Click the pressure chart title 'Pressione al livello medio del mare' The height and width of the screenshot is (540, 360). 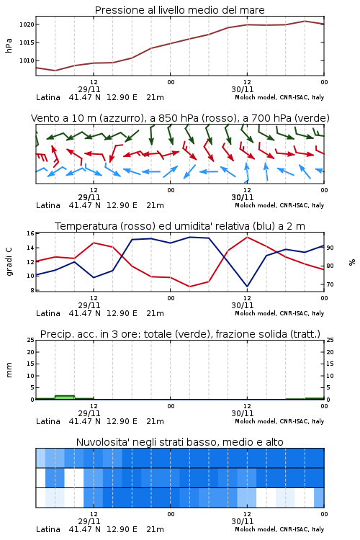[179, 10]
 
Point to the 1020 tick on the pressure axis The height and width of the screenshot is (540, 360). [27, 24]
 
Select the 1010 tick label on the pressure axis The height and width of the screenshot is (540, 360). [27, 60]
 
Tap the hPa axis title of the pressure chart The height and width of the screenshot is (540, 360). [9, 45]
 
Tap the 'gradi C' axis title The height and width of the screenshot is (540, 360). [9, 262]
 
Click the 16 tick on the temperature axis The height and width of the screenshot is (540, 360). [30, 233]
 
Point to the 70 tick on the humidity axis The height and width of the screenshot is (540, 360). [330, 284]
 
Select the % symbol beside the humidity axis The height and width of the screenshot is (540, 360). [352, 262]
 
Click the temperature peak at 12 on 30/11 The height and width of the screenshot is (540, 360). [247, 238]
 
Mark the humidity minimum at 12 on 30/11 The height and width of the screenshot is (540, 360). [247, 286]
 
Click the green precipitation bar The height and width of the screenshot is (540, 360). [65, 397]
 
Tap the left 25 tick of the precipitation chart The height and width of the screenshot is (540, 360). [30, 340]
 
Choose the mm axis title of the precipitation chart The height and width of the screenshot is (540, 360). [9, 370]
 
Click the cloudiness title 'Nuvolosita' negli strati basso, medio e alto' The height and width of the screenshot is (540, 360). [179, 442]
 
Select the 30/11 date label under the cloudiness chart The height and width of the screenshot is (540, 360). [242, 521]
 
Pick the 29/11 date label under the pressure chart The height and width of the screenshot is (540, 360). [89, 89]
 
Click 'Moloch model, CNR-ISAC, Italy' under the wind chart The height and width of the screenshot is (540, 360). [279, 205]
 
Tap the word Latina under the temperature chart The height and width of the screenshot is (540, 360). [48, 313]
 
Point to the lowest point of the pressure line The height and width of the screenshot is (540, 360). [55, 71]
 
